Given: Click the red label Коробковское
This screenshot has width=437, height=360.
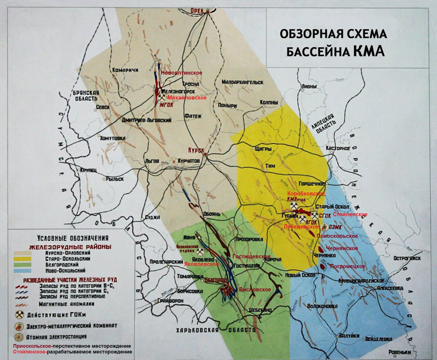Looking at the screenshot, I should [307, 193].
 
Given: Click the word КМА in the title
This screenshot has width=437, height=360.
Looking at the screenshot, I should [367, 52].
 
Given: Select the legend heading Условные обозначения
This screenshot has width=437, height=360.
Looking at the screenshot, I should [72, 238].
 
